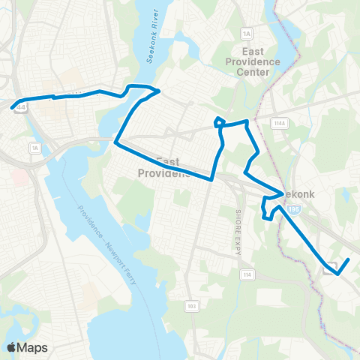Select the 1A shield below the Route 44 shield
(x=35, y=148)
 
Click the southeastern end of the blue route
(x=349, y=259)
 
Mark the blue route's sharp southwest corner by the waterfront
(x=115, y=141)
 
